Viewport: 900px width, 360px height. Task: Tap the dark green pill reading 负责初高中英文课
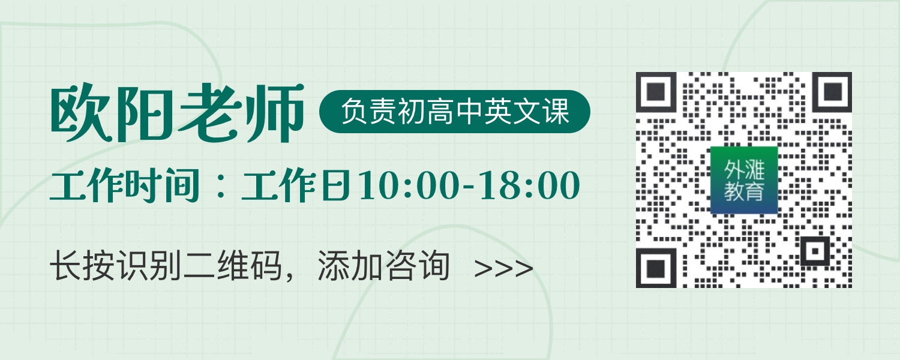click(454, 111)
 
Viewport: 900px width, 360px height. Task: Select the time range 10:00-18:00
click(469, 185)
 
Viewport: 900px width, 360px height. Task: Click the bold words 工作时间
click(125, 185)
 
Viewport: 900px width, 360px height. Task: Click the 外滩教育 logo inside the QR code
click(744, 180)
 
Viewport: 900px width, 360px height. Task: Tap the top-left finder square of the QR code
click(656, 92)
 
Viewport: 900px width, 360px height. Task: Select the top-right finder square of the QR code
click(832, 92)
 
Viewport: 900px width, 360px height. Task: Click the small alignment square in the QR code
click(815, 251)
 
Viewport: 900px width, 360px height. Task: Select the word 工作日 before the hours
click(296, 185)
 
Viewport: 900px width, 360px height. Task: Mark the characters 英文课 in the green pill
click(527, 111)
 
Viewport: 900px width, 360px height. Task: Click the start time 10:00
click(408, 185)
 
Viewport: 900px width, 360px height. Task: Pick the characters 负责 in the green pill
click(368, 111)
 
